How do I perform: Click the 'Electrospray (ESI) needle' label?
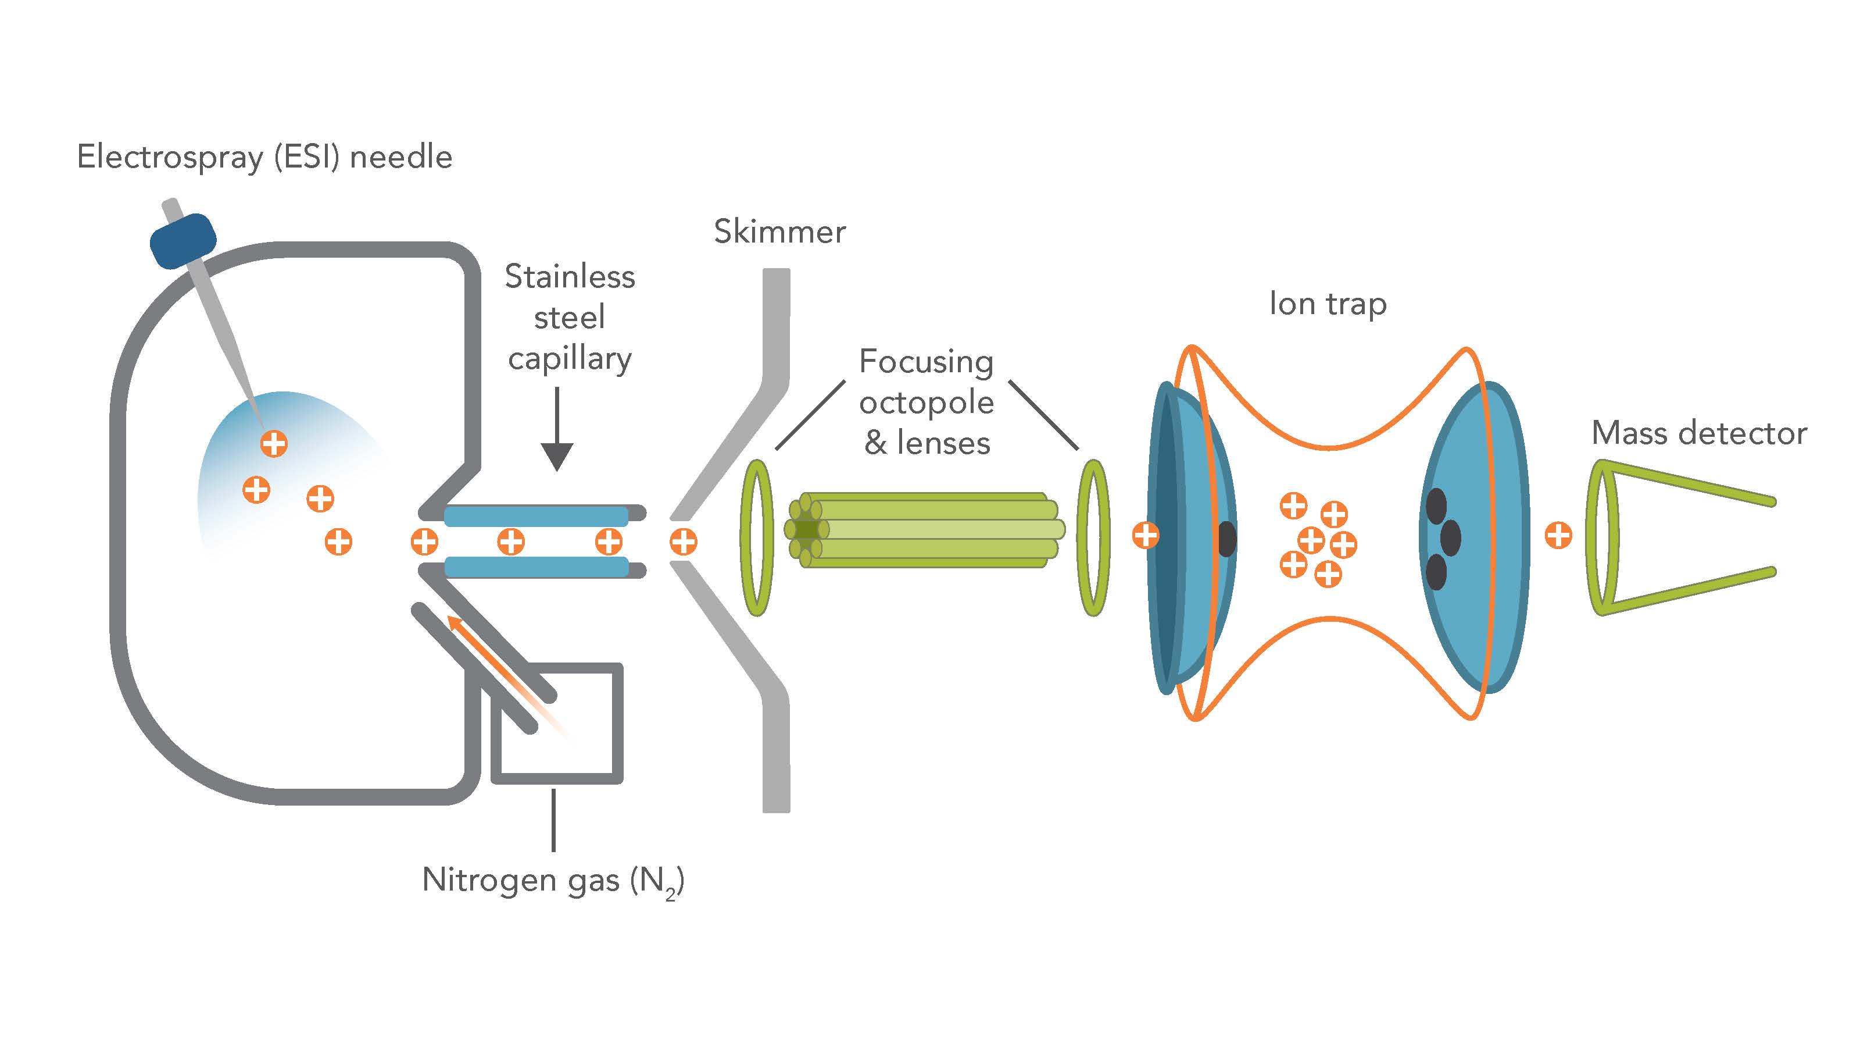264,157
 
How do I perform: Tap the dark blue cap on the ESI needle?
183,241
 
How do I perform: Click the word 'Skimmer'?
779,232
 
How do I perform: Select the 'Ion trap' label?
1327,304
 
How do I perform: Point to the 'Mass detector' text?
1698,433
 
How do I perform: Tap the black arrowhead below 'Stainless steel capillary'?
557,456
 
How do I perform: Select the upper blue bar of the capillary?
536,516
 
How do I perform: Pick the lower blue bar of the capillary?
536,567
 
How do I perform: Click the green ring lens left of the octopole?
756,537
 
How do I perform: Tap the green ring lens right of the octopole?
1093,537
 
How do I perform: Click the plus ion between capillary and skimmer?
683,541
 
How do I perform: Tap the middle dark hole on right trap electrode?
1451,537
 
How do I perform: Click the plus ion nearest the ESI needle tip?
274,443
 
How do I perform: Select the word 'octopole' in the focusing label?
927,403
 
